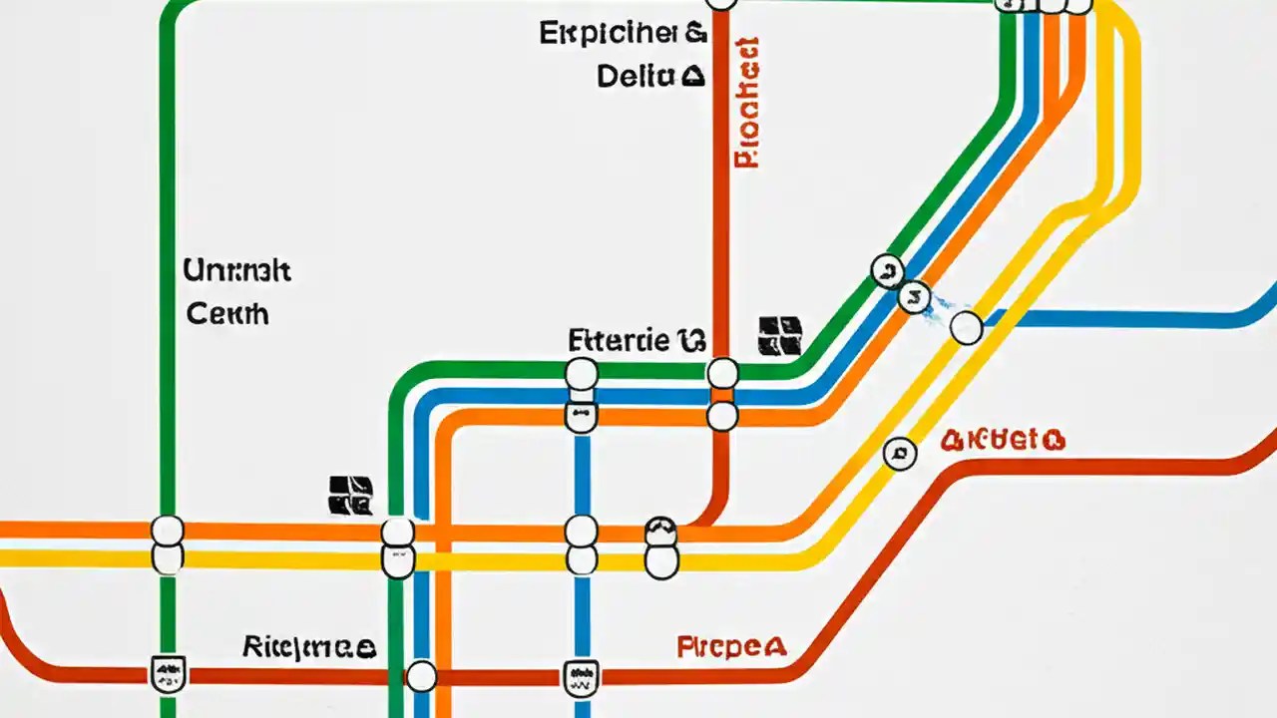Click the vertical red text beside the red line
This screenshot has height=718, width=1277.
[x=746, y=102]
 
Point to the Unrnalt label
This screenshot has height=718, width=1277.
[x=237, y=270]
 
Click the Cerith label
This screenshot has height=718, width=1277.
[x=228, y=313]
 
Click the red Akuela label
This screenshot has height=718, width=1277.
[x=1003, y=440]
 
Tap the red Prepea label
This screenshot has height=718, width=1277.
[x=731, y=646]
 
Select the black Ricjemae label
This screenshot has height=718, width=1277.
[x=309, y=646]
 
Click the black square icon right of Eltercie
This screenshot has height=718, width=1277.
[x=780, y=336]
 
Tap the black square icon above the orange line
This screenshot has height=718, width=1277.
[x=350, y=495]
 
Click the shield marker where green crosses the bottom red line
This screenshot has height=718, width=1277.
[x=168, y=674]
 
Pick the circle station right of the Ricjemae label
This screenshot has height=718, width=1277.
[x=422, y=676]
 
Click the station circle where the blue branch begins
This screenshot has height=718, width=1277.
[x=966, y=327]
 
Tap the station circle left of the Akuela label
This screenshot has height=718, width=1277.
[x=900, y=454]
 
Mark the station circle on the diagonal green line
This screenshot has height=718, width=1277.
[x=887, y=270]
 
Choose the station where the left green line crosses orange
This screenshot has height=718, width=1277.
[x=168, y=531]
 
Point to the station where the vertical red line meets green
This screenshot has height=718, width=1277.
[x=722, y=374]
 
